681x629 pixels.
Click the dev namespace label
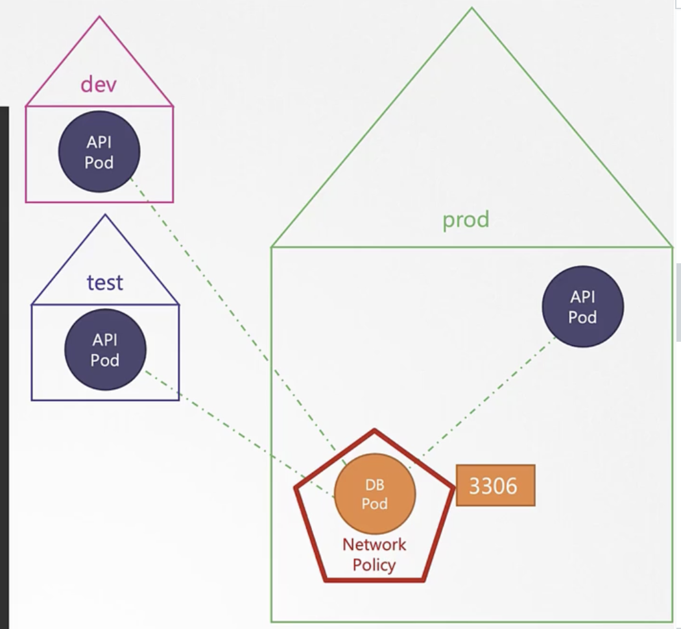(x=99, y=84)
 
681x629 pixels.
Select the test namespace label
(x=104, y=282)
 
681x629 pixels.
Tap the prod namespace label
(x=465, y=220)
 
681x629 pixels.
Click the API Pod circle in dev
(x=99, y=152)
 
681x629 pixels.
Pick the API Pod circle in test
(x=104, y=350)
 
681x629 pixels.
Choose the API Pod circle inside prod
(x=582, y=307)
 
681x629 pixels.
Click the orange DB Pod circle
(x=375, y=494)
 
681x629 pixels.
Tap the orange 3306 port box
(x=496, y=485)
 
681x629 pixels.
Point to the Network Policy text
(x=374, y=554)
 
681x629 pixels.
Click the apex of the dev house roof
(x=99, y=17)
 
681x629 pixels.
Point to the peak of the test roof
(x=104, y=215)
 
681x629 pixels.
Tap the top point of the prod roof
(x=472, y=8)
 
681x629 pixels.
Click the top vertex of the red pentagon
(x=374, y=430)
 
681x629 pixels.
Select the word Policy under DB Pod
(x=374, y=564)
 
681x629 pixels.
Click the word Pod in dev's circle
(x=99, y=162)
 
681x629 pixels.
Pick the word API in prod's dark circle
(x=582, y=297)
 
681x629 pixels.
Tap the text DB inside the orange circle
(x=375, y=485)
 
